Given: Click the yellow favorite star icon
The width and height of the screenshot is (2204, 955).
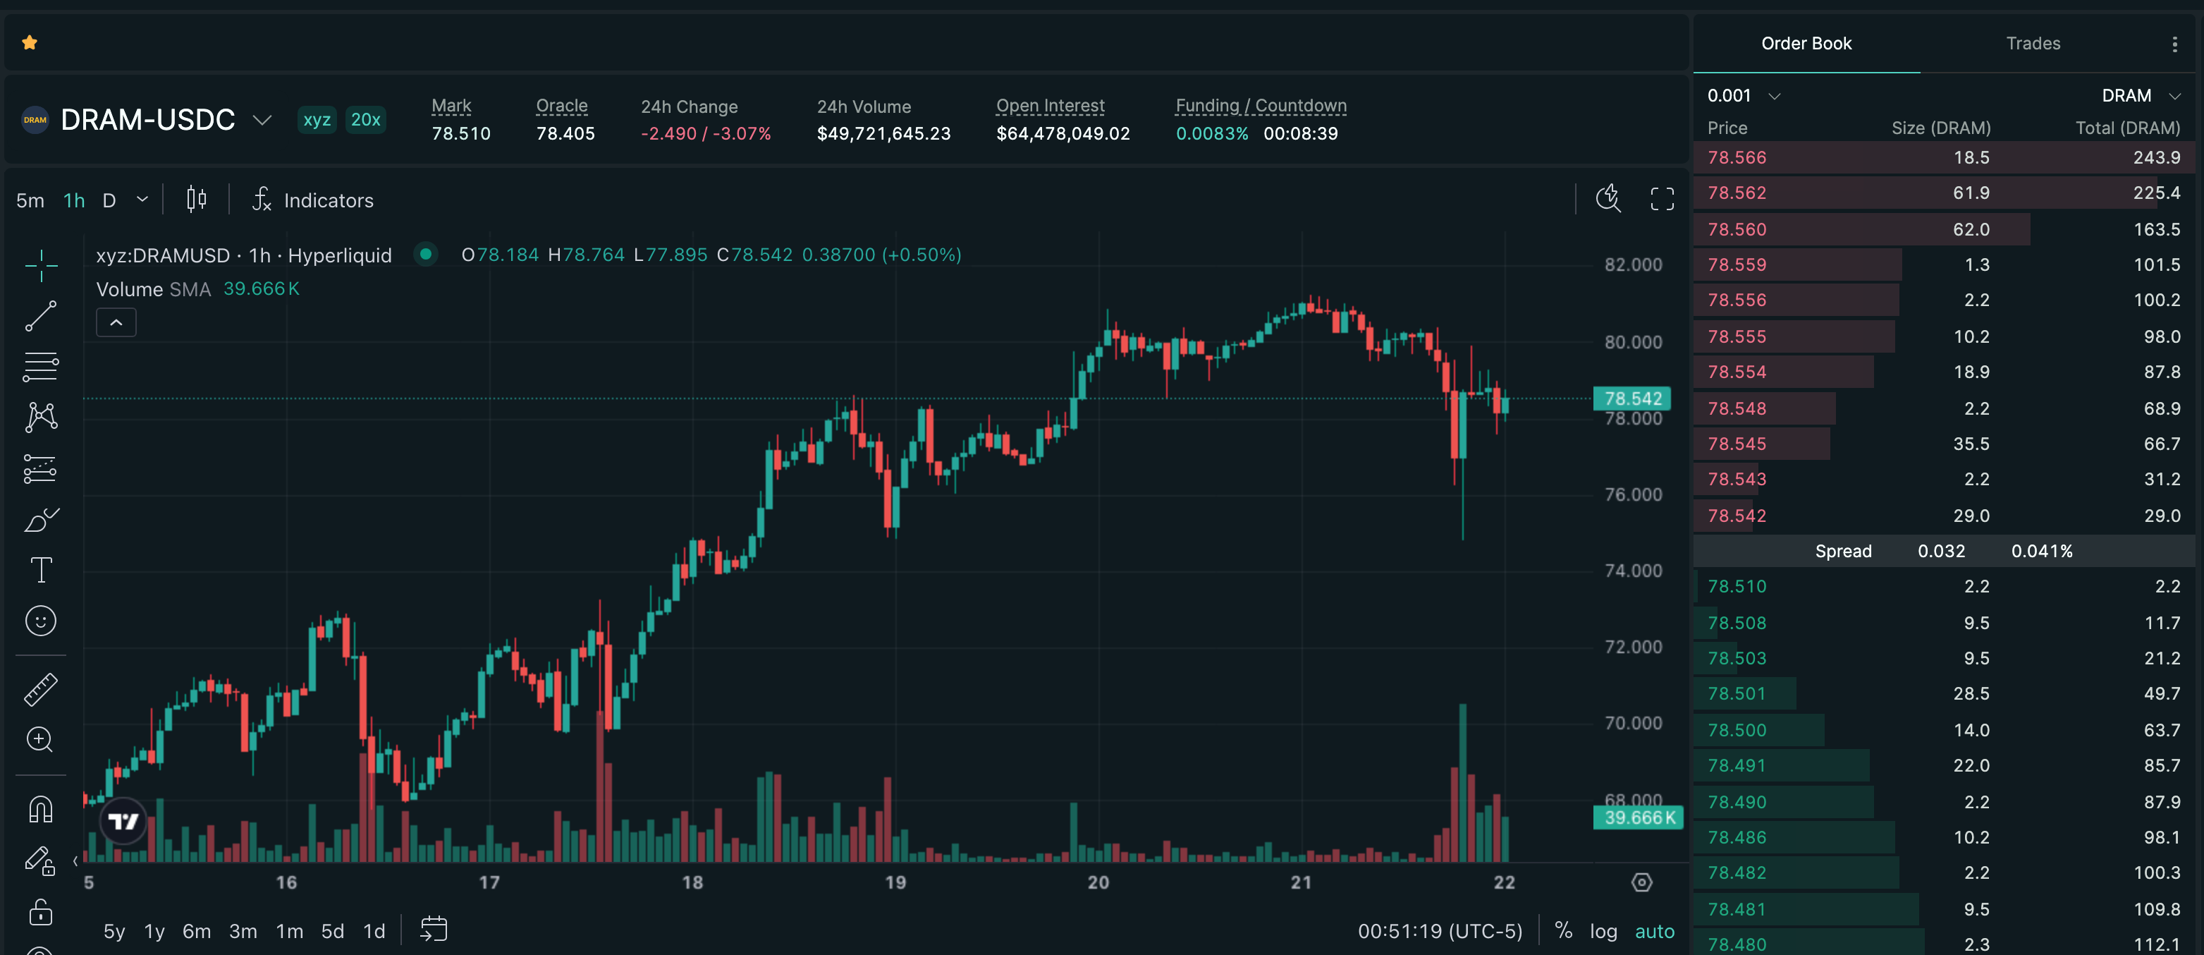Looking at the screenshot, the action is (x=30, y=43).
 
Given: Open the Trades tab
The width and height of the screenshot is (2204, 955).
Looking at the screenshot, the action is (x=2033, y=44).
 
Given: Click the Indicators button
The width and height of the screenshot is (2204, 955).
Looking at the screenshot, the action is (x=313, y=200).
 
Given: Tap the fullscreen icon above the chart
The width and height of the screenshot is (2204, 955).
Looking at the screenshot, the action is (x=1662, y=200).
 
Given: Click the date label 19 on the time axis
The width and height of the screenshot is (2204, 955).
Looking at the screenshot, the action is (x=895, y=882).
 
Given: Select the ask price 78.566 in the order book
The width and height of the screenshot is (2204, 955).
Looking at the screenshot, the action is (x=1737, y=157).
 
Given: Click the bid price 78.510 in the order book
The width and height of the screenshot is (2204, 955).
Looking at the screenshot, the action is (x=1737, y=586).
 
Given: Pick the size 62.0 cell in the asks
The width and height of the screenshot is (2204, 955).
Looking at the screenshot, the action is (x=1971, y=229).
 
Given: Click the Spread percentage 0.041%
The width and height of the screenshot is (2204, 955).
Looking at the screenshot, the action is (x=2041, y=551).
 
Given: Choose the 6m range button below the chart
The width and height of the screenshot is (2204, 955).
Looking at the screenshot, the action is (x=197, y=931).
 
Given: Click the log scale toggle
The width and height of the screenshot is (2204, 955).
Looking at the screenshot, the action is (x=1603, y=931).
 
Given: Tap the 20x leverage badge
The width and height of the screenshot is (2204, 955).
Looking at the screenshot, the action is (x=365, y=120).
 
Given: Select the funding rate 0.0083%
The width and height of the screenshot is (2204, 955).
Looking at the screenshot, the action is (x=1211, y=133).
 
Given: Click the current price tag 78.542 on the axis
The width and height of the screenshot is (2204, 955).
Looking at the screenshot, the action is (x=1632, y=399).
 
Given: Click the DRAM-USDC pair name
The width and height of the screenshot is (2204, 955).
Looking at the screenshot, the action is (x=148, y=120).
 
